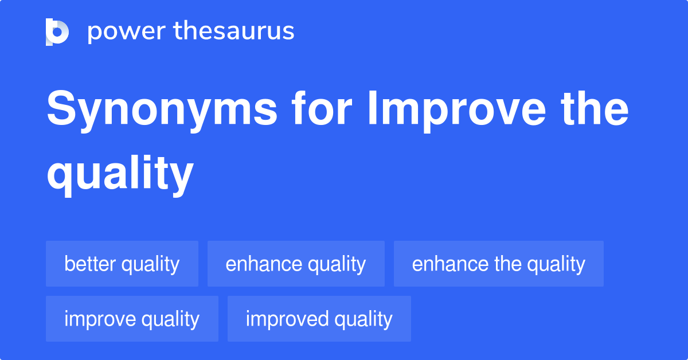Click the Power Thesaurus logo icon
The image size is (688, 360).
[57, 32]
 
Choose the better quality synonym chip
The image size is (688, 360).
[122, 264]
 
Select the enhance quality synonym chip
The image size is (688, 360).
[296, 264]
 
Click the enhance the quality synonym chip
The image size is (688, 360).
[498, 264]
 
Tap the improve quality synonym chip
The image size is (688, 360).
[132, 319]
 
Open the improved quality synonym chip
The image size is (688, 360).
[319, 319]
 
